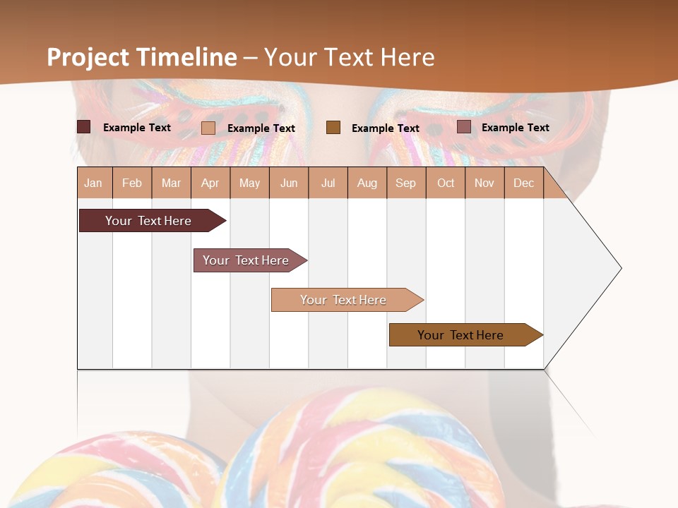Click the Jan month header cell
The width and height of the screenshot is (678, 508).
tap(94, 183)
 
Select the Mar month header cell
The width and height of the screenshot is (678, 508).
tap(171, 183)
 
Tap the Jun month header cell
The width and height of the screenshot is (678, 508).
tap(289, 183)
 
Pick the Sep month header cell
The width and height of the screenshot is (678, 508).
tap(406, 183)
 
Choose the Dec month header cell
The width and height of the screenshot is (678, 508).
tap(523, 183)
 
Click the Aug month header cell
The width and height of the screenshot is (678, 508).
tap(367, 183)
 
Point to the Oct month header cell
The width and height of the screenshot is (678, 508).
tap(446, 183)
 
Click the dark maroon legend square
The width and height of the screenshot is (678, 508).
tap(83, 127)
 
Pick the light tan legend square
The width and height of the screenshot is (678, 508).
tap(208, 128)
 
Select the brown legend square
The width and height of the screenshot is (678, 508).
tap(333, 127)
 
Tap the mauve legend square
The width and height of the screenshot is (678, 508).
tap(463, 127)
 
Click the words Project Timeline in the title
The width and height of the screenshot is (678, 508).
tap(142, 57)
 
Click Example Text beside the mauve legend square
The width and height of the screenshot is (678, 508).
tap(515, 128)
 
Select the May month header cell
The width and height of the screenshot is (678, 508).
tap(249, 183)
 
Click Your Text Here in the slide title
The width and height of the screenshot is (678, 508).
tap(350, 57)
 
